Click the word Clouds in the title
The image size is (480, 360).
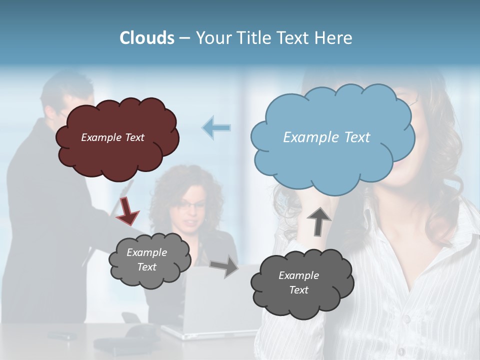click(147, 38)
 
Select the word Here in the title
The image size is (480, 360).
click(334, 38)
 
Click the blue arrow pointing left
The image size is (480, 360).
click(216, 127)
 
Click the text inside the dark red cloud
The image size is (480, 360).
click(112, 137)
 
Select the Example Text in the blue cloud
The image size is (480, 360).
click(326, 137)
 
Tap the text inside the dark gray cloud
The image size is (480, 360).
click(298, 282)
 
